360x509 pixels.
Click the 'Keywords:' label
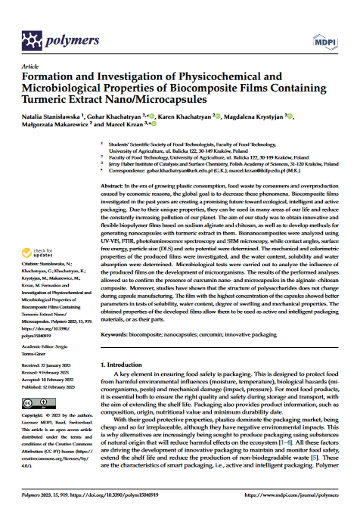point(116,332)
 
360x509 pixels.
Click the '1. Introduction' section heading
point(125,365)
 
